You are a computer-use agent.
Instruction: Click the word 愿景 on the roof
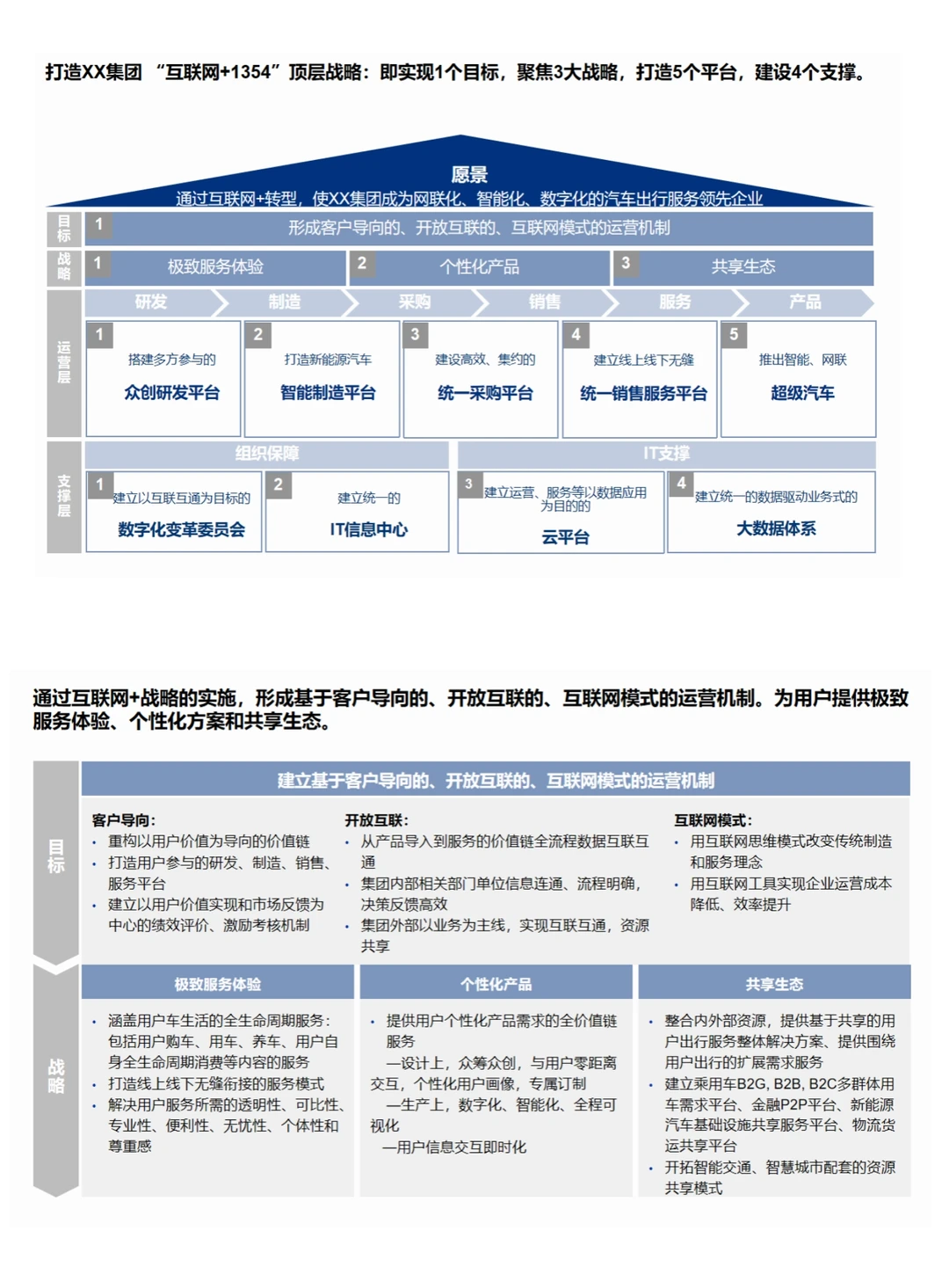469,175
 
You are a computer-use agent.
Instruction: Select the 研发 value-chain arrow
151,302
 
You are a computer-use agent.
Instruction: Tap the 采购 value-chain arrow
415,302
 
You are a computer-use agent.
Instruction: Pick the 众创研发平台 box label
171,393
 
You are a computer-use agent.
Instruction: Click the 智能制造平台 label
328,393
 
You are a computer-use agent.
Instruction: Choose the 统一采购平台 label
485,393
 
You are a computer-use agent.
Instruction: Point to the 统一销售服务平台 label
643,394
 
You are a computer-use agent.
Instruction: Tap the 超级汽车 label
802,393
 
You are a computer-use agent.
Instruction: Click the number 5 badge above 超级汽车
734,334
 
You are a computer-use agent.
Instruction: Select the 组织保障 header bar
267,454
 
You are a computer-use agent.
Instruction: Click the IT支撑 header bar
666,454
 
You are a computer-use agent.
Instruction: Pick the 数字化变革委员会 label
181,529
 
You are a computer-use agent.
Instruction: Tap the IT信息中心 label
368,529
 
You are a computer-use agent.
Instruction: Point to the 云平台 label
565,536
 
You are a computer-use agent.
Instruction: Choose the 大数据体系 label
776,528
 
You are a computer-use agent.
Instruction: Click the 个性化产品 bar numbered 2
480,266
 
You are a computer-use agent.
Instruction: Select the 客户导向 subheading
123,819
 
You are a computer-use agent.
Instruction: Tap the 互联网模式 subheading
713,819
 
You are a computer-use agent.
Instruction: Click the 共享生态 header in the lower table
774,984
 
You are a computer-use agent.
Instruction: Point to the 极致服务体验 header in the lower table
217,984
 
